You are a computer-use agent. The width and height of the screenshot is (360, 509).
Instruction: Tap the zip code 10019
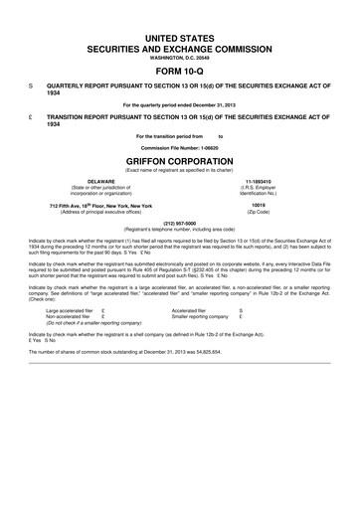coord(270,205)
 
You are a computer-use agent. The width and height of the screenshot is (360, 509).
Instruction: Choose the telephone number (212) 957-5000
coord(180,223)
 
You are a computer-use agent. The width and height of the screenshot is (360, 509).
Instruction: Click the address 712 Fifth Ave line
coord(101,205)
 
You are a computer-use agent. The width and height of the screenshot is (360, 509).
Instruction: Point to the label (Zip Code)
coord(270,212)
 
